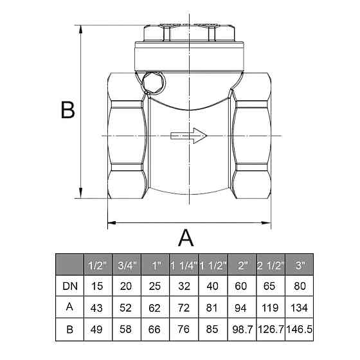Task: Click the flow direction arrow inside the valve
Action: click(x=189, y=136)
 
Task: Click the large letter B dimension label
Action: click(x=68, y=110)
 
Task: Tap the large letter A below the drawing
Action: click(x=186, y=238)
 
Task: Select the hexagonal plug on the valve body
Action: click(x=153, y=83)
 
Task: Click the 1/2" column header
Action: click(x=98, y=265)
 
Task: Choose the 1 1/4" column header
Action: click(x=184, y=265)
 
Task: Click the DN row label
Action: click(x=70, y=286)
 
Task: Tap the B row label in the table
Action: click(x=70, y=329)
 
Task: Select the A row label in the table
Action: click(x=69, y=307)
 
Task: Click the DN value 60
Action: click(x=241, y=286)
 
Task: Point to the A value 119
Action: click(x=270, y=308)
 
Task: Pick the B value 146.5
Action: click(x=300, y=329)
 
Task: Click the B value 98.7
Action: click(x=242, y=329)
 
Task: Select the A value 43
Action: click(x=96, y=308)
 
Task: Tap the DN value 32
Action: click(x=184, y=286)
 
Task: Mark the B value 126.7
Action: click(x=271, y=329)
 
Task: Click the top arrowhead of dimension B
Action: click(x=80, y=30)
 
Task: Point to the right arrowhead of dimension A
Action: click(x=266, y=222)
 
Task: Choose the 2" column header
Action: click(x=242, y=265)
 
